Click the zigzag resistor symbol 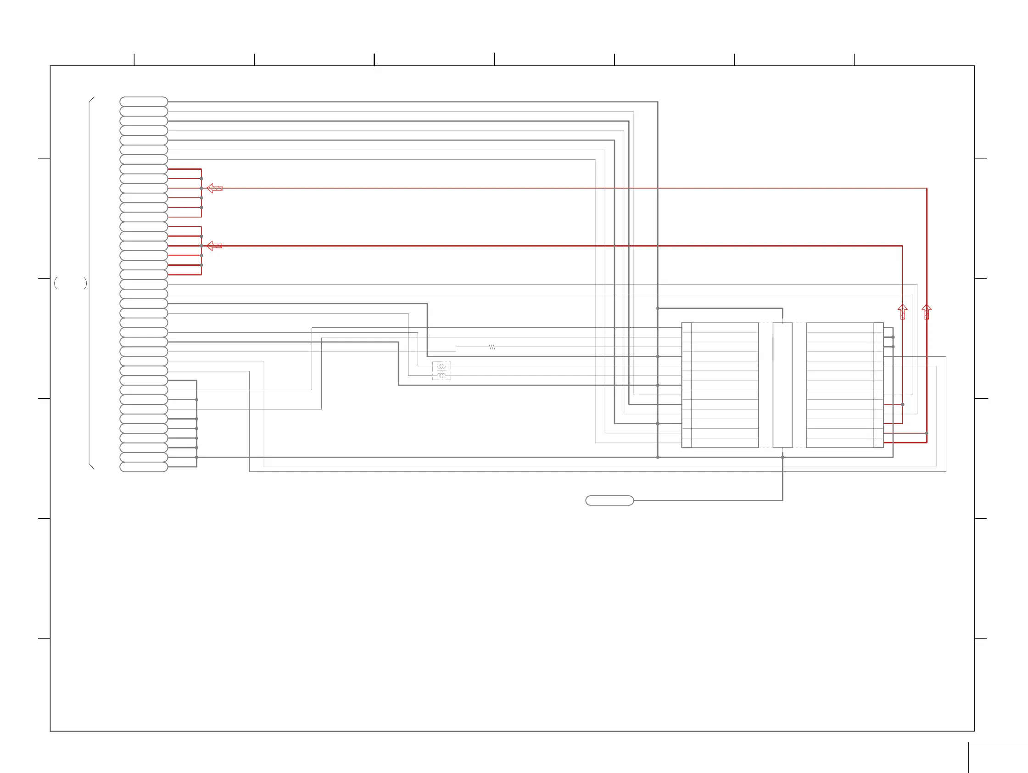coord(492,347)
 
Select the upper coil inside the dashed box coord(441,366)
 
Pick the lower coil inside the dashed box coord(441,375)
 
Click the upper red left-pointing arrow coord(214,188)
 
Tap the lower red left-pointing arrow coord(214,246)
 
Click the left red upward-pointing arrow coord(903,311)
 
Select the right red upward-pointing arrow coord(927,311)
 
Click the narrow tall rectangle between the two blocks coord(782,385)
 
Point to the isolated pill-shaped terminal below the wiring coord(609,500)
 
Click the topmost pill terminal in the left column coord(144,102)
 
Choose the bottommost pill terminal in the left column coord(144,467)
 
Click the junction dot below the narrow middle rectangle coord(782,457)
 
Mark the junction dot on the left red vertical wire coord(903,404)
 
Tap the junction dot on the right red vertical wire coord(927,433)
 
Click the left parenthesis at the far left coord(56,283)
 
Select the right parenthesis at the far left coord(85,283)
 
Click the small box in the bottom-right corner coord(998,758)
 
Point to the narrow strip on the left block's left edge coord(687,385)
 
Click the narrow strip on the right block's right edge coord(878,385)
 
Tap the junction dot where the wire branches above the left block coord(658,308)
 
